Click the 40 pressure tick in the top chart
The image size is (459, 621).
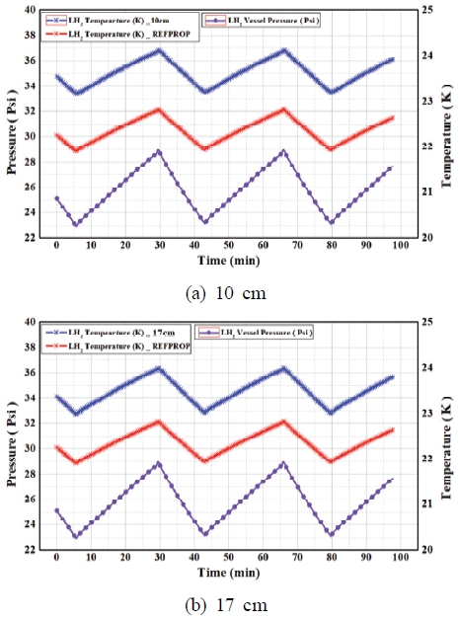pyautogui.click(x=33, y=10)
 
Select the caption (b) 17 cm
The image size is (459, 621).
pyautogui.click(x=225, y=599)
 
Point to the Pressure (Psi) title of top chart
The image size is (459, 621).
pyautogui.click(x=12, y=123)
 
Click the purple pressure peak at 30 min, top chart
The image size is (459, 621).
pyautogui.click(x=158, y=151)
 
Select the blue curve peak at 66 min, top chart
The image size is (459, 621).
pyautogui.click(x=284, y=49)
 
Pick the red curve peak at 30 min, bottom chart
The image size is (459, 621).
pyautogui.click(x=158, y=422)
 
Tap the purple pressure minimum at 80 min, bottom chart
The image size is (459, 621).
pyautogui.click(x=332, y=534)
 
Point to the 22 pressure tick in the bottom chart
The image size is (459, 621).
pyautogui.click(x=33, y=550)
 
